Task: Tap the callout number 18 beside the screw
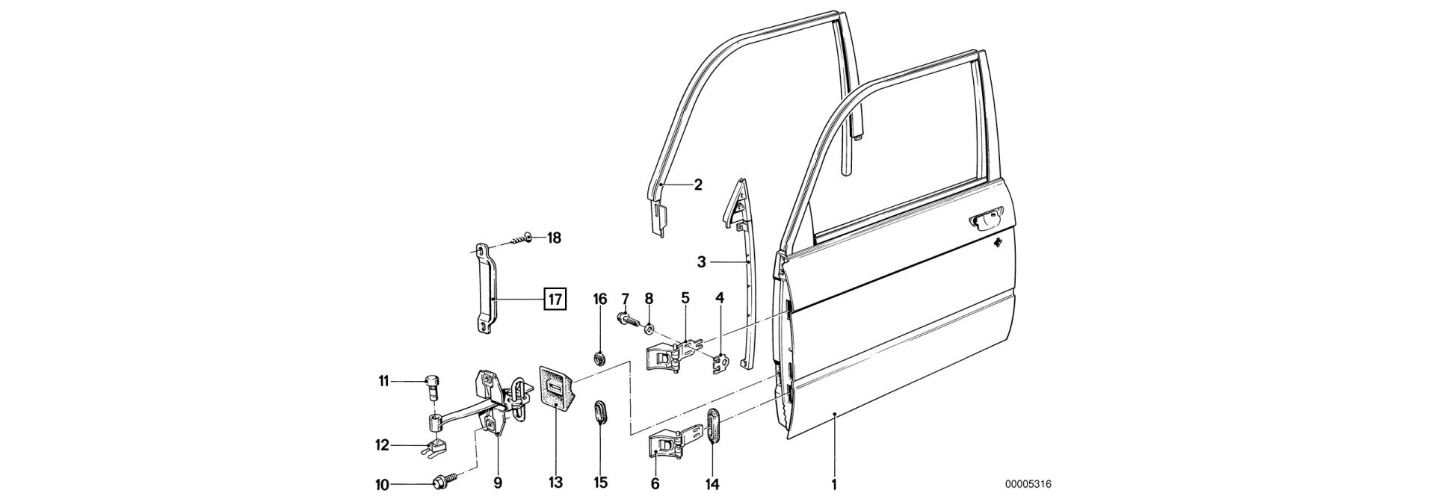(x=553, y=238)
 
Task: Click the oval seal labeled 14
(x=712, y=435)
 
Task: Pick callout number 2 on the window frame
(x=697, y=185)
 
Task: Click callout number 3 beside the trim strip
(x=701, y=262)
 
